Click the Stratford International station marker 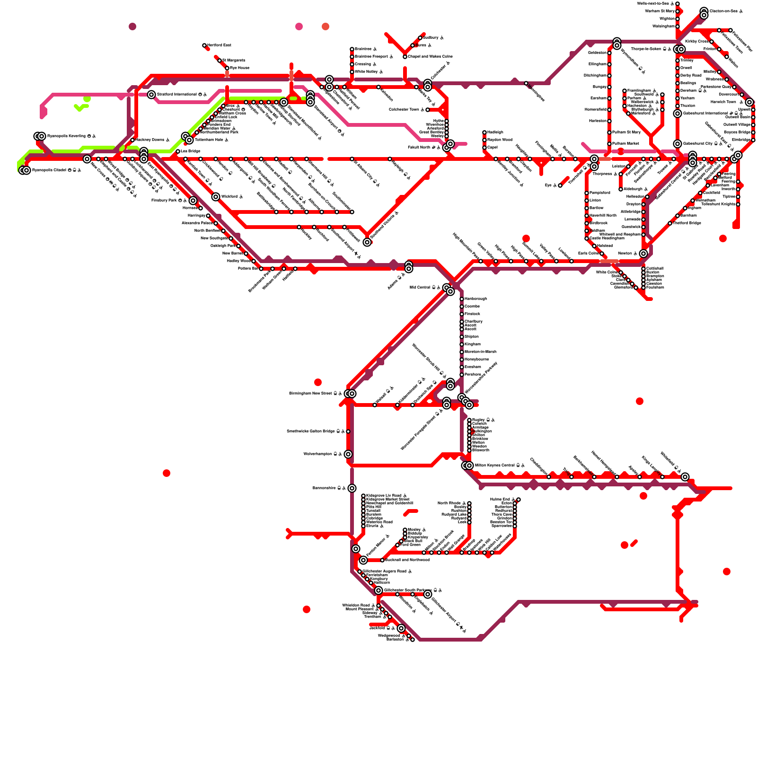pos(151,95)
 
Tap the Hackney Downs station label pos(152,140)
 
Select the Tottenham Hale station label pos(211,140)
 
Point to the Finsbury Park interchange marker pos(193,201)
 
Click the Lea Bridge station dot pos(178,151)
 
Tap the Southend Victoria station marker pos(367,242)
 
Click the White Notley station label pos(369,72)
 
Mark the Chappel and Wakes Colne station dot pos(405,57)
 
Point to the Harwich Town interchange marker pos(749,102)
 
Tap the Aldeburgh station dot pos(621,189)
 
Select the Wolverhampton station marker pos(348,454)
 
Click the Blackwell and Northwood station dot pos(382,560)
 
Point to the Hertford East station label pos(219,45)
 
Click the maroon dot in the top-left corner pos(132,26)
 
